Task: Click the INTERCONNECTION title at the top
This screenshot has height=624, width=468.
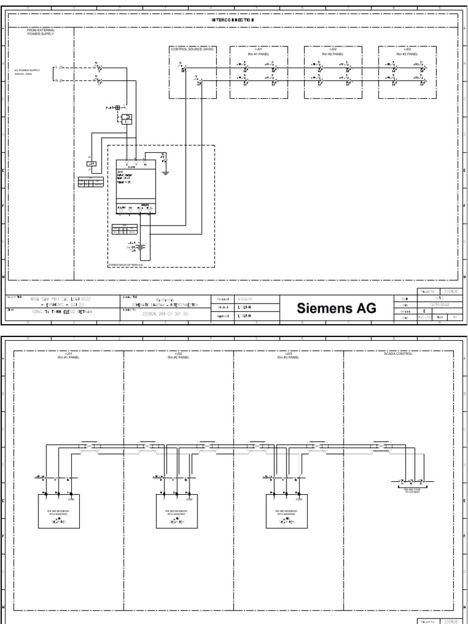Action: click(x=233, y=20)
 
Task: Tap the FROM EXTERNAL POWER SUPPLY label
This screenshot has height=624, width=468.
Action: click(x=40, y=32)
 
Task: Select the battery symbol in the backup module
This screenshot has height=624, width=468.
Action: click(x=140, y=246)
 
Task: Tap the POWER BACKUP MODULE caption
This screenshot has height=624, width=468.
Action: click(x=126, y=264)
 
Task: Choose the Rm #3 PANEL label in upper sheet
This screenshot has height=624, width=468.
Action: click(x=406, y=53)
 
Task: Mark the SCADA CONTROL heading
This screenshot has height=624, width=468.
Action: click(x=399, y=354)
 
